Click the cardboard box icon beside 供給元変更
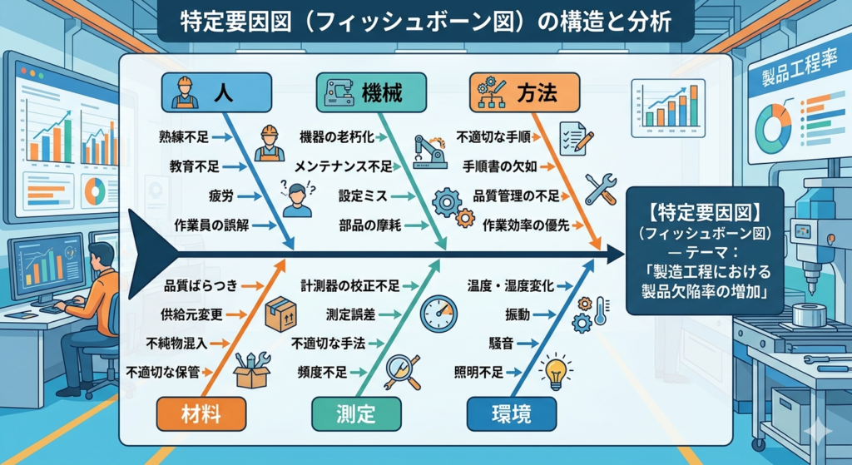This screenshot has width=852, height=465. click(x=280, y=315)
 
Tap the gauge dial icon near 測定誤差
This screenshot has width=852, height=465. click(x=438, y=314)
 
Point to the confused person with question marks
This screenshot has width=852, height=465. click(x=295, y=198)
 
